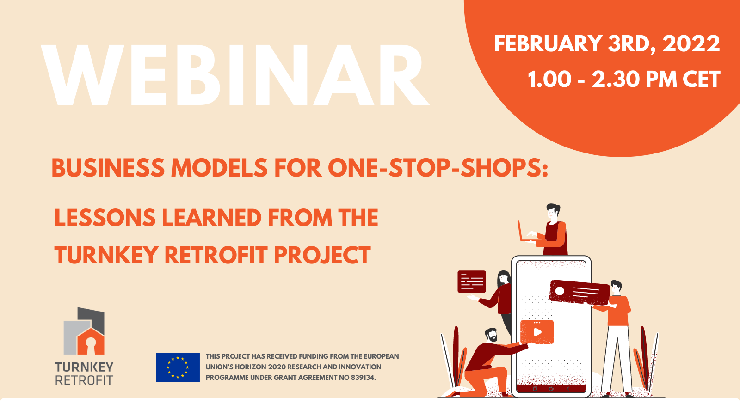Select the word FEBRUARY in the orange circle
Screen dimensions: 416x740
(548, 44)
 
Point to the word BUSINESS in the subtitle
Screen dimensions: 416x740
(107, 168)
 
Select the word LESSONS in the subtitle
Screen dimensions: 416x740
(105, 218)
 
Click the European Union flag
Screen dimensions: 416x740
(178, 367)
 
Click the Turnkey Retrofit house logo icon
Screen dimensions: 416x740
(85, 332)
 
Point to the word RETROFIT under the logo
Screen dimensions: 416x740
(84, 380)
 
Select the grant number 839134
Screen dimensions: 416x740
(363, 378)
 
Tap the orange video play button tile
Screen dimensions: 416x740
(536, 332)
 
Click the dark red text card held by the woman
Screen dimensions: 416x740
(471, 281)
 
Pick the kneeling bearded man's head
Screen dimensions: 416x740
(491, 335)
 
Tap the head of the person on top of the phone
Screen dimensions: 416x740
(552, 212)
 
